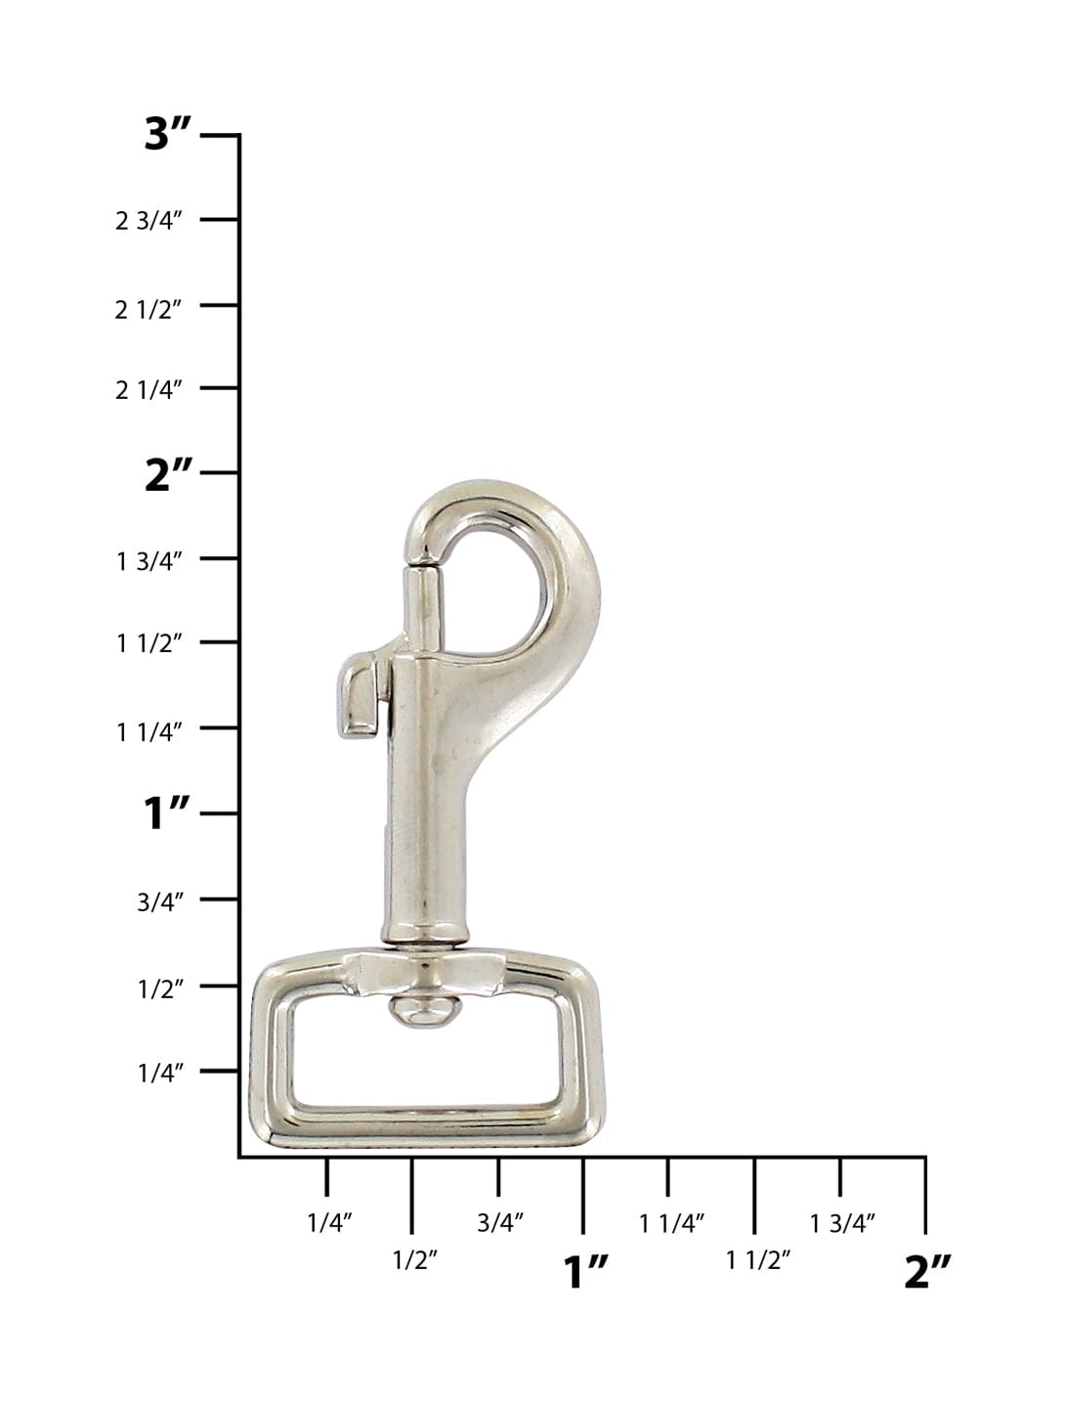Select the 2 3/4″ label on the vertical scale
tap(149, 221)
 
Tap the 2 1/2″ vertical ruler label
tap(149, 310)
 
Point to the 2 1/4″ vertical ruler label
tap(149, 390)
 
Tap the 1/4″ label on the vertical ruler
tap(160, 1074)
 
